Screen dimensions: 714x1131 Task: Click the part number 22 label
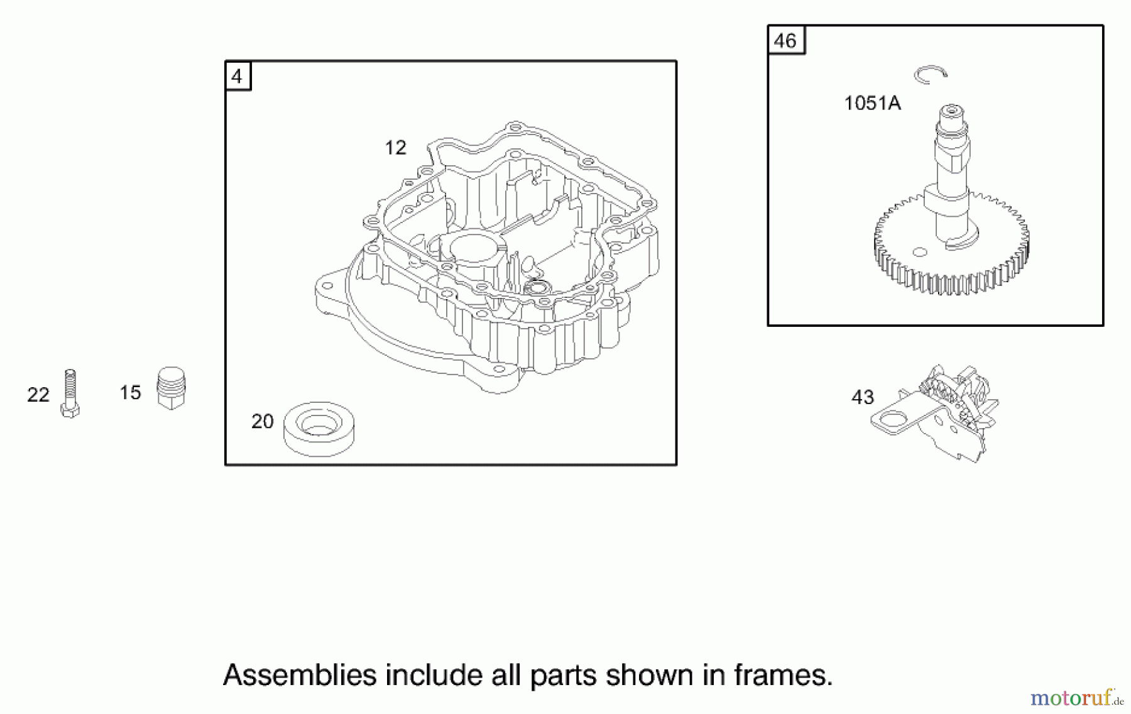coord(38,395)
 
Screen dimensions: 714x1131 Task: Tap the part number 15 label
coord(130,393)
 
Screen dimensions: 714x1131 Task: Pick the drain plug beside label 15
coord(171,388)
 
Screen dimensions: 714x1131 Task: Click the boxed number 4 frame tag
coord(238,76)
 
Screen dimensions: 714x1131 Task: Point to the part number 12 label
coord(395,148)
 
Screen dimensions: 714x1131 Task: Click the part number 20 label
coord(262,421)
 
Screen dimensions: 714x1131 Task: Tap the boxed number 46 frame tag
coord(785,41)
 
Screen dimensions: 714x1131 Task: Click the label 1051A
coord(872,103)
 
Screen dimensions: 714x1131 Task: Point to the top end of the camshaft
coord(951,114)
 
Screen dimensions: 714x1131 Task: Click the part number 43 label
coord(862,397)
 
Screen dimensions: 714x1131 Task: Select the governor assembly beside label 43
coord(942,412)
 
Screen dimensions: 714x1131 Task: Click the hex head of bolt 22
coord(70,411)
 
